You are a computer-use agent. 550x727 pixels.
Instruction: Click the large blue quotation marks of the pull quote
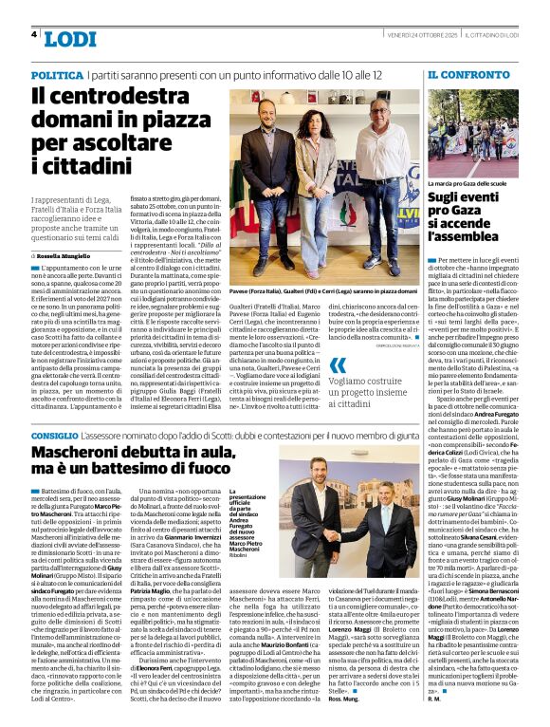(x=338, y=365)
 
